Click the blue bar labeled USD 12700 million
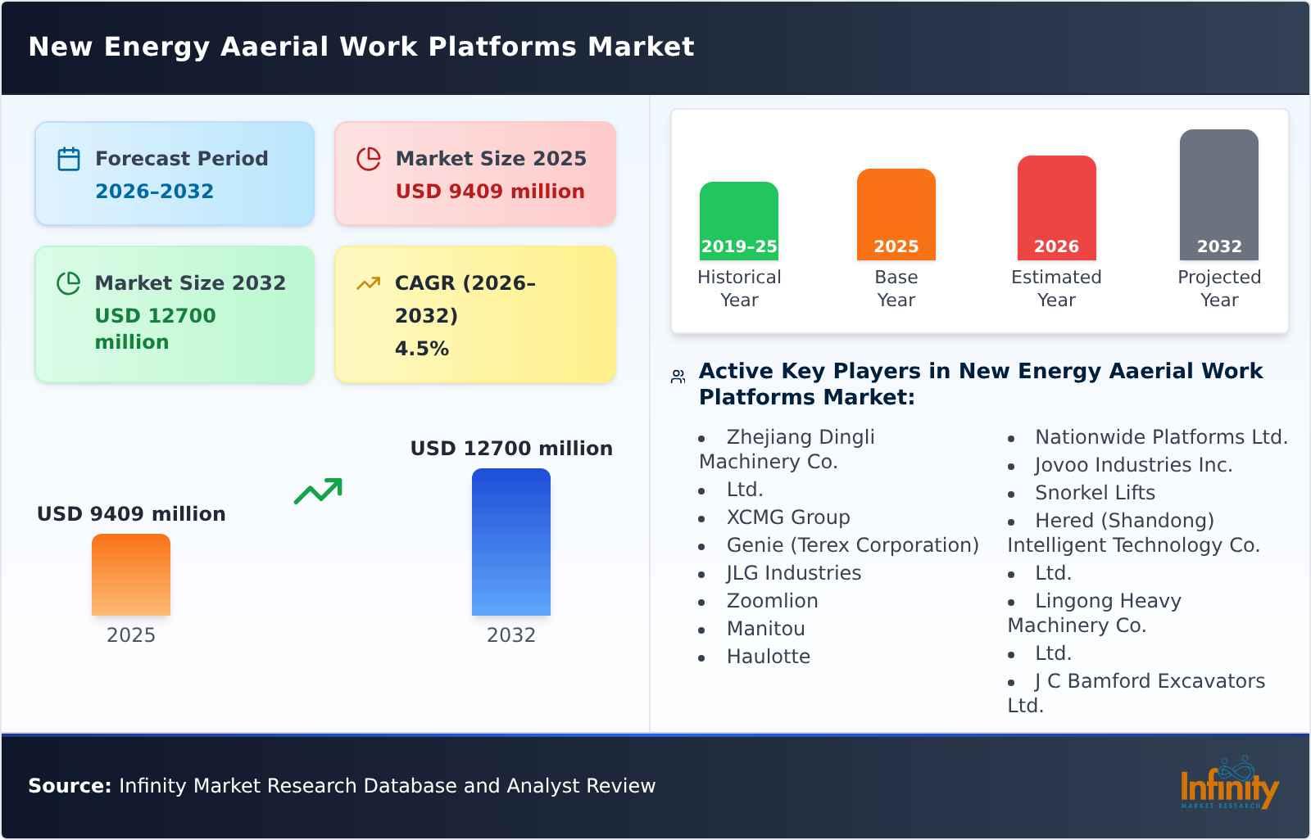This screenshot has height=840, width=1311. point(510,541)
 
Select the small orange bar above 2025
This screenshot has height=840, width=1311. point(131,574)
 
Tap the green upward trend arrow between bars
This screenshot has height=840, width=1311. point(318,490)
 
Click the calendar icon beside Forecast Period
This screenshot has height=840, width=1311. point(69,159)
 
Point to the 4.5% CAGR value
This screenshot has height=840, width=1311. point(421,349)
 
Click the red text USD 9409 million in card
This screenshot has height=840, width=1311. point(490,192)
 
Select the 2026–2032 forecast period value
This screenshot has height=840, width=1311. point(154,192)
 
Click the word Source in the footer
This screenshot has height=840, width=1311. point(69,786)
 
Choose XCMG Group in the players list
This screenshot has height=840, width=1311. point(787,517)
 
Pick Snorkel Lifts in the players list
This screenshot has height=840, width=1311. point(1095,493)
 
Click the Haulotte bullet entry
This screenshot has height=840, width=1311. point(768,657)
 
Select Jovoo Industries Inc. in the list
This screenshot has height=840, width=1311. point(1133,465)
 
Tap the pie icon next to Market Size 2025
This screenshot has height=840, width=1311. point(369,159)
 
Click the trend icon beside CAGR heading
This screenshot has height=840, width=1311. point(368,283)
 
